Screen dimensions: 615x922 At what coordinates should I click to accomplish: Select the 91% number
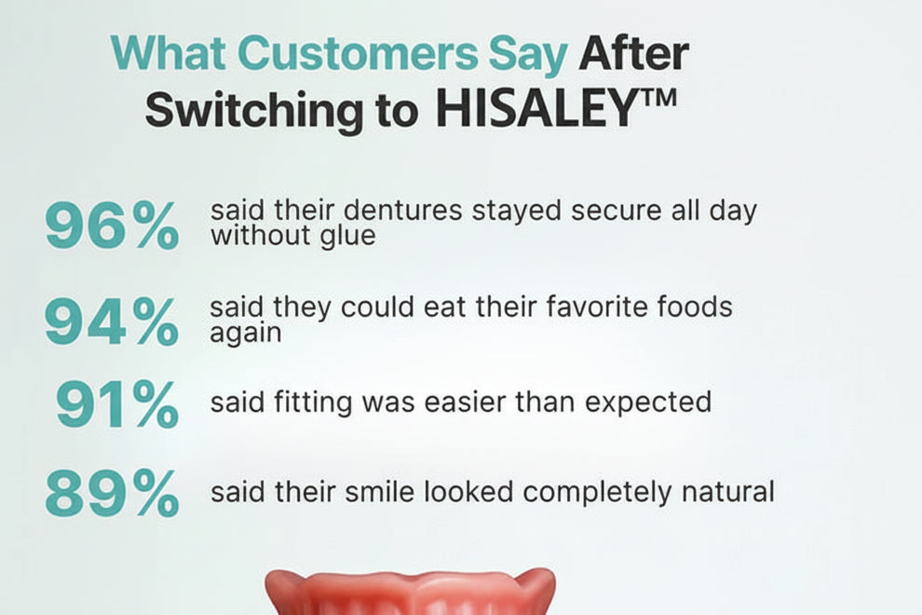(116, 404)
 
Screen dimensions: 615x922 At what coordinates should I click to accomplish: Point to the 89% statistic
(111, 495)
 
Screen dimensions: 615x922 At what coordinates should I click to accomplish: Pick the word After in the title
(633, 54)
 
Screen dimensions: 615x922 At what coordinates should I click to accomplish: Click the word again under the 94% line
(245, 333)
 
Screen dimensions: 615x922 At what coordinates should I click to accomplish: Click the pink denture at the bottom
(410, 593)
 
